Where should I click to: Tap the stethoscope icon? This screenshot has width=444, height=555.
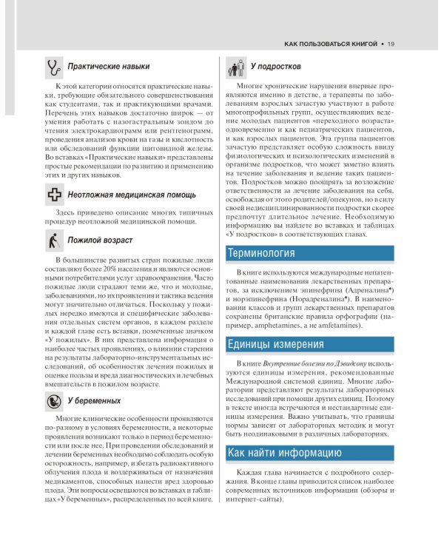click(53, 67)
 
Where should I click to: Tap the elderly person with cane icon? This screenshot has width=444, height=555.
click(53, 240)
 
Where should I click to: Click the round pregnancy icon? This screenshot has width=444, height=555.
click(53, 400)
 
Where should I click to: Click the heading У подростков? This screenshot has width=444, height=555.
click(279, 67)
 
